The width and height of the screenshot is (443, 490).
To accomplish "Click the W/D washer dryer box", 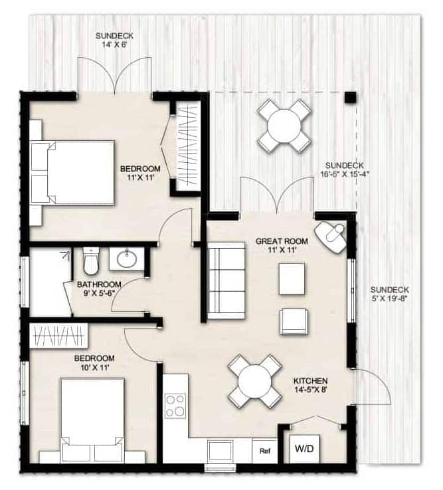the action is pyautogui.click(x=304, y=449).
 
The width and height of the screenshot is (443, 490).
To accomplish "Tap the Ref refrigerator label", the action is pyautogui.click(x=265, y=451).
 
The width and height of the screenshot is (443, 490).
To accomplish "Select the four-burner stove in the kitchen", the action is pyautogui.click(x=175, y=406).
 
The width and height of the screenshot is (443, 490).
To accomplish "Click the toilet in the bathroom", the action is pyautogui.click(x=91, y=261).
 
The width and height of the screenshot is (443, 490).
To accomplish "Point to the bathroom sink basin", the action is pyautogui.click(x=127, y=259).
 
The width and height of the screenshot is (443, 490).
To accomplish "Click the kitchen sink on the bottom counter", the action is pyautogui.click(x=221, y=451).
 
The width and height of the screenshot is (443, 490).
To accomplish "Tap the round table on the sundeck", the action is pyautogui.click(x=284, y=125).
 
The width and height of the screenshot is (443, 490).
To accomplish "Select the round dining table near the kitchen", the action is pyautogui.click(x=255, y=382).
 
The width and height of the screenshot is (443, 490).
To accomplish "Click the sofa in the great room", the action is pyautogui.click(x=226, y=281).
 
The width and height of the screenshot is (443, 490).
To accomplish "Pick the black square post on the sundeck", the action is pyautogui.click(x=351, y=97).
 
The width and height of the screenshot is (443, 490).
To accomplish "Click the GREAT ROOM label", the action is pyautogui.click(x=282, y=241).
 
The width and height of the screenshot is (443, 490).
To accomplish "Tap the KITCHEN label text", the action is pyautogui.click(x=310, y=381).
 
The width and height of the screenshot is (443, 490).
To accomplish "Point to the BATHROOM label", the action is pyautogui.click(x=99, y=285).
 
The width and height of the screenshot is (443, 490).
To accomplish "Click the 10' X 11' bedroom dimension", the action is pyautogui.click(x=94, y=367).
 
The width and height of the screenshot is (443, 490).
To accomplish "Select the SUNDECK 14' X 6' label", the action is pyautogui.click(x=114, y=40).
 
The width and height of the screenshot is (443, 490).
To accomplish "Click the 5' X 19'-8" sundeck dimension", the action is pyautogui.click(x=390, y=298).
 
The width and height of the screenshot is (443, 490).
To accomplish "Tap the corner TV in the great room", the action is pyautogui.click(x=331, y=237).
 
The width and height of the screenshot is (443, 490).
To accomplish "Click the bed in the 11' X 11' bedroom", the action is pyautogui.click(x=72, y=173).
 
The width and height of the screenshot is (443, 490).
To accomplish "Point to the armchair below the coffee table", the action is pyautogui.click(x=294, y=322).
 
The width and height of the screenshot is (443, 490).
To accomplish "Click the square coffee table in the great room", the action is pyautogui.click(x=292, y=279).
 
